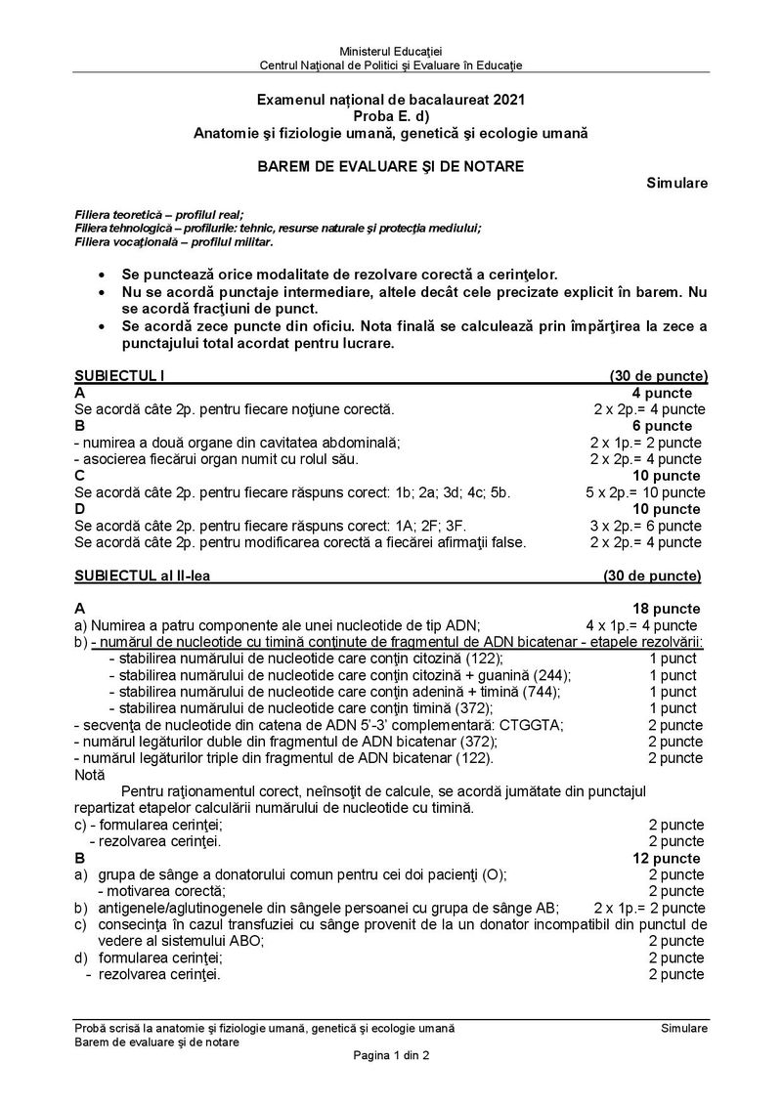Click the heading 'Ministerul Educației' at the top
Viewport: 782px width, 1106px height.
pyautogui.click(x=390, y=51)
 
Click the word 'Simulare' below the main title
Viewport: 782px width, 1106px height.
pyautogui.click(x=677, y=183)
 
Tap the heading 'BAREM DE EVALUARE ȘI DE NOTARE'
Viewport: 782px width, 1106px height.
pyautogui.click(x=390, y=166)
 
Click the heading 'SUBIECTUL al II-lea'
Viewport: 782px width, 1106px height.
pyautogui.click(x=142, y=575)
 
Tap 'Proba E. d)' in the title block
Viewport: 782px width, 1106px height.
pyautogui.click(x=390, y=115)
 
